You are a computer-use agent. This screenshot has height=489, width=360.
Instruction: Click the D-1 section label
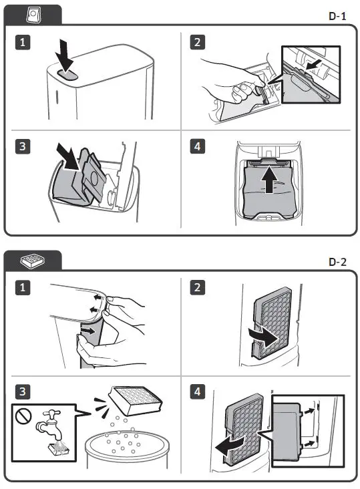337,16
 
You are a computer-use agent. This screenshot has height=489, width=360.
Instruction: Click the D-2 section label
337,262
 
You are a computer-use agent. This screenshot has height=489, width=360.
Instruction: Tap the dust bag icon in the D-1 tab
33,15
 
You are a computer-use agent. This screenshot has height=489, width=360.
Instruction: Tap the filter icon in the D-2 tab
32,261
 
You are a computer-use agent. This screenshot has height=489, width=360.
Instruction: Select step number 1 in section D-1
23,42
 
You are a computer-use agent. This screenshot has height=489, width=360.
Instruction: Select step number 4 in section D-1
198,146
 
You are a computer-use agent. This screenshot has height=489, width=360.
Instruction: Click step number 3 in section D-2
23,391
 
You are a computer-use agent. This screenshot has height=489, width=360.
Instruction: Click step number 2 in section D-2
198,287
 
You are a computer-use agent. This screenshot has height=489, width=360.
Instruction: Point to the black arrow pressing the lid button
65,56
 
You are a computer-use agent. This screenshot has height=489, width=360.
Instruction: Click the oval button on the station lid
67,75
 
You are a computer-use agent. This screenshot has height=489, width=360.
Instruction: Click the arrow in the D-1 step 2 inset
313,65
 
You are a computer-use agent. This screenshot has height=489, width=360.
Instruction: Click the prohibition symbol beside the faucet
23,416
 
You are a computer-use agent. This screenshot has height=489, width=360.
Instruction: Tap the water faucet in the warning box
49,425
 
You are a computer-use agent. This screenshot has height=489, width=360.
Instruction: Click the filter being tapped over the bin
136,400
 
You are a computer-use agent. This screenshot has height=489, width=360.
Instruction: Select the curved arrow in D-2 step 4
230,445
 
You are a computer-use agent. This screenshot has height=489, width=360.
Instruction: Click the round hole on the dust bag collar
94,178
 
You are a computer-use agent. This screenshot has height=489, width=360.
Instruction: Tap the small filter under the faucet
59,449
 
